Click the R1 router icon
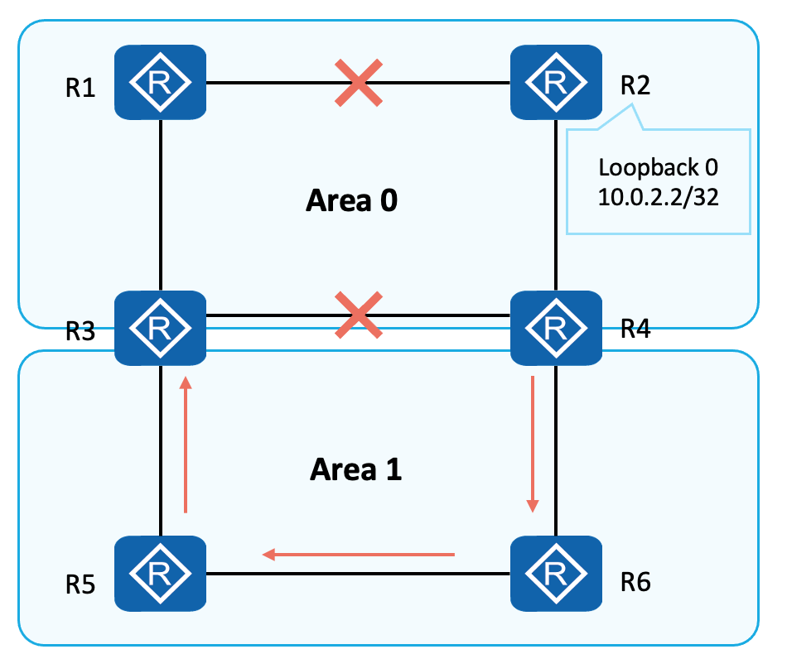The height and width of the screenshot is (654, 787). [160, 82]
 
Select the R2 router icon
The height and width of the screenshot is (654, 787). [555, 82]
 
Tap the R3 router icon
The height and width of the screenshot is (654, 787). [160, 328]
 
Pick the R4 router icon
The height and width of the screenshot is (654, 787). [555, 328]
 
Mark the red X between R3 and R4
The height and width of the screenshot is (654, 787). [358, 315]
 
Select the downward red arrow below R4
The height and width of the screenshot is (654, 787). [533, 444]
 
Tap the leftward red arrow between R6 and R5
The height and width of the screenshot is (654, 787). [359, 554]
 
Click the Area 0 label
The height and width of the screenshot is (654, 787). [352, 200]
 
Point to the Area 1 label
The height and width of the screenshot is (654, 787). [356, 469]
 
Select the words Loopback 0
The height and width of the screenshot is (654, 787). [659, 168]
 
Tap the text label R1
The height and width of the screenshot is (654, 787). [80, 89]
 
